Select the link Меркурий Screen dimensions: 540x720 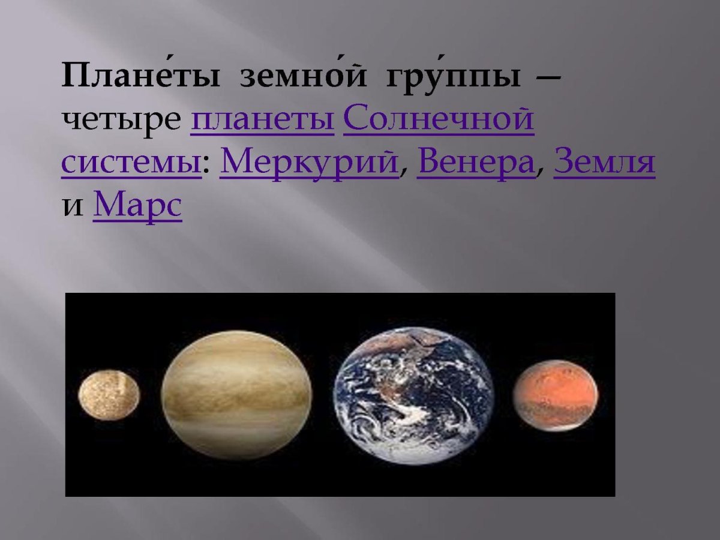coord(310,162)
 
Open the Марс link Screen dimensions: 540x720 coord(137,206)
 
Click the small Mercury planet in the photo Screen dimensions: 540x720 coord(109,395)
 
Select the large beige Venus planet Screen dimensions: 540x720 coord(236,395)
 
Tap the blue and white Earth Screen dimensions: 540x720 coord(413,396)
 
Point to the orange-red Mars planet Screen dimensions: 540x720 coord(555,394)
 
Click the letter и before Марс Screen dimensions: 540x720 coord(73,207)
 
